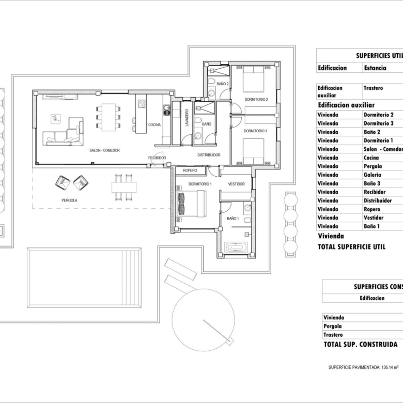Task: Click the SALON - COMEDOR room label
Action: pos(104,150)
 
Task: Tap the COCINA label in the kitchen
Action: pos(154,125)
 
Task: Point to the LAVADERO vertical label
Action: pos(187,117)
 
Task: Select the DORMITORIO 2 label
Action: pos(256,100)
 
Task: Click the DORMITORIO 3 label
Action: pos(255,131)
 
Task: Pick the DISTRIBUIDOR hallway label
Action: pos(209,155)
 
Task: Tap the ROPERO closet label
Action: pos(190,171)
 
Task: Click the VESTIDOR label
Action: pos(236,184)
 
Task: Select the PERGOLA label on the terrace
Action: pos(69,200)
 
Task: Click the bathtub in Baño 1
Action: pos(236,247)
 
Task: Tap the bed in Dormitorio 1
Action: pos(192,204)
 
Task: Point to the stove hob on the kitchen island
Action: pos(142,103)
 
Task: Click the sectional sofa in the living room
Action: pos(63,132)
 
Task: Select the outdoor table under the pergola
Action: pos(124,187)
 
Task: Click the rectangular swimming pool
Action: pos(84,277)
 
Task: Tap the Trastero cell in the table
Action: pos(373,88)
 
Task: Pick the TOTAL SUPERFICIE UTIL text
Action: pos(352,247)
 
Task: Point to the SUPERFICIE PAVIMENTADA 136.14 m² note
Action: pos(363,367)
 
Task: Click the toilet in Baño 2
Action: pos(211,81)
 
